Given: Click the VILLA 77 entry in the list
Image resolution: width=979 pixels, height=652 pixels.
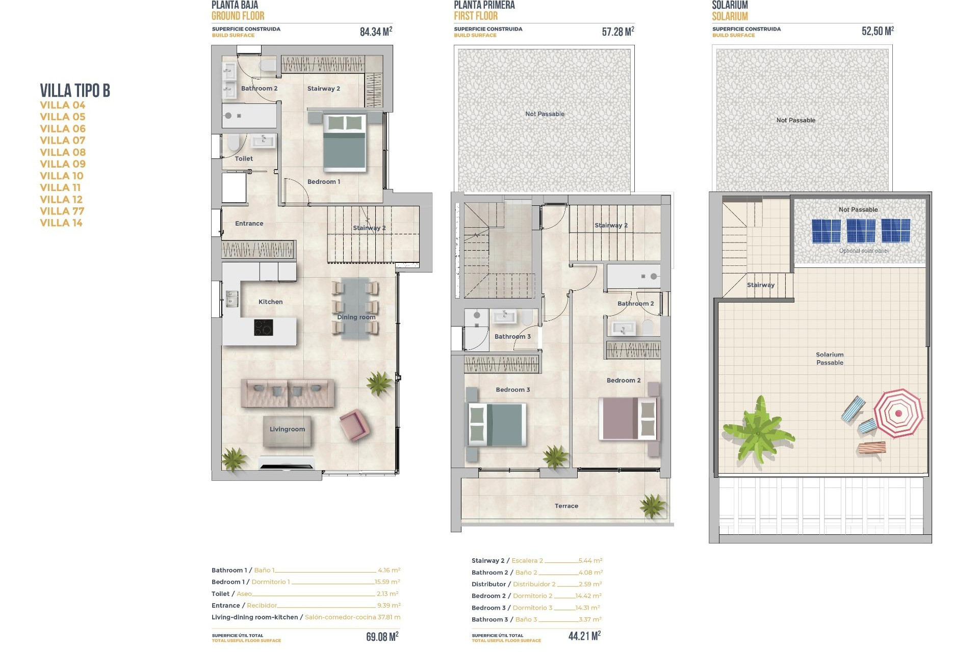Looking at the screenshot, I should tap(62, 211).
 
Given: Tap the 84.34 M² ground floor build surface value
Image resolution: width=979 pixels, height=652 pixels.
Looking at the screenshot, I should tap(376, 32).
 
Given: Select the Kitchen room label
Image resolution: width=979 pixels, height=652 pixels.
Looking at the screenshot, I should tap(270, 302).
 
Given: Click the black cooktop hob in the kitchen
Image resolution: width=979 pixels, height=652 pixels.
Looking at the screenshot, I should tap(263, 327).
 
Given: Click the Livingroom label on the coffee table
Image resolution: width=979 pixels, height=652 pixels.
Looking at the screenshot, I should tap(287, 429).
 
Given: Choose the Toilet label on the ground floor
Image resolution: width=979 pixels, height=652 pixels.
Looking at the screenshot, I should tap(244, 158).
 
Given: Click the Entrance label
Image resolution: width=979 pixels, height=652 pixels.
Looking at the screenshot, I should tap(249, 223).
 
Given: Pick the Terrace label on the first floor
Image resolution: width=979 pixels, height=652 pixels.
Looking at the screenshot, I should tap(566, 506).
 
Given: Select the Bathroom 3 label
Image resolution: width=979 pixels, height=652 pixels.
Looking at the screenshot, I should tap(512, 336).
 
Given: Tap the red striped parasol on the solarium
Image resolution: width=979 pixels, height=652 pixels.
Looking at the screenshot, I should tap(898, 413).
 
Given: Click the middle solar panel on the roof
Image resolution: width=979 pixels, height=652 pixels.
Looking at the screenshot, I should tap(861, 231).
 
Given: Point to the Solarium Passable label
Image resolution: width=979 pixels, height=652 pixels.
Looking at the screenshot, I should tap(830, 359).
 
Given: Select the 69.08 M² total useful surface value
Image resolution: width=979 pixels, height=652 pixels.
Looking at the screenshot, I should tap(382, 637).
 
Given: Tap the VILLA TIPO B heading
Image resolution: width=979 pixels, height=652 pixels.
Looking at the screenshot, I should tap(75, 91).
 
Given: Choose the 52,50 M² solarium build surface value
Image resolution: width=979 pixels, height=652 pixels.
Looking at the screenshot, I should tap(877, 31).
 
